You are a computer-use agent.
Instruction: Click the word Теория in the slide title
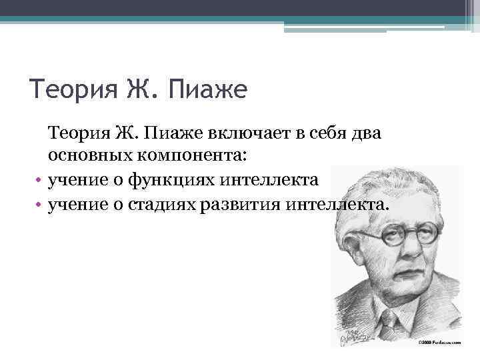tap(73, 89)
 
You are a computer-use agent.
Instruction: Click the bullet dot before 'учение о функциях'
tap(39, 181)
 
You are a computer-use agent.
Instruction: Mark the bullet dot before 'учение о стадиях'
tap(39, 203)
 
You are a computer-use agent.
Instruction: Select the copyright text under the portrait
tap(439, 342)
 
